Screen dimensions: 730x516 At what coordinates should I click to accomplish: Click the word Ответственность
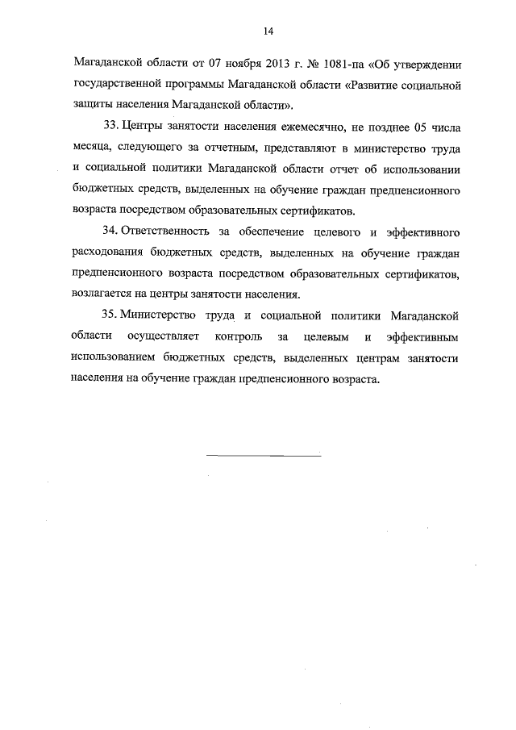pos(168,232)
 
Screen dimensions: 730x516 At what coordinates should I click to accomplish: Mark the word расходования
pos(110,253)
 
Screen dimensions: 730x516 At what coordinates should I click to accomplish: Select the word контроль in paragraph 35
pos(239,338)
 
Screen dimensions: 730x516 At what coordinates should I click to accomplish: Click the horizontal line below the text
pos(264,457)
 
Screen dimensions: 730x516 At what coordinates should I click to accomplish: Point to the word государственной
pos(119,84)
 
